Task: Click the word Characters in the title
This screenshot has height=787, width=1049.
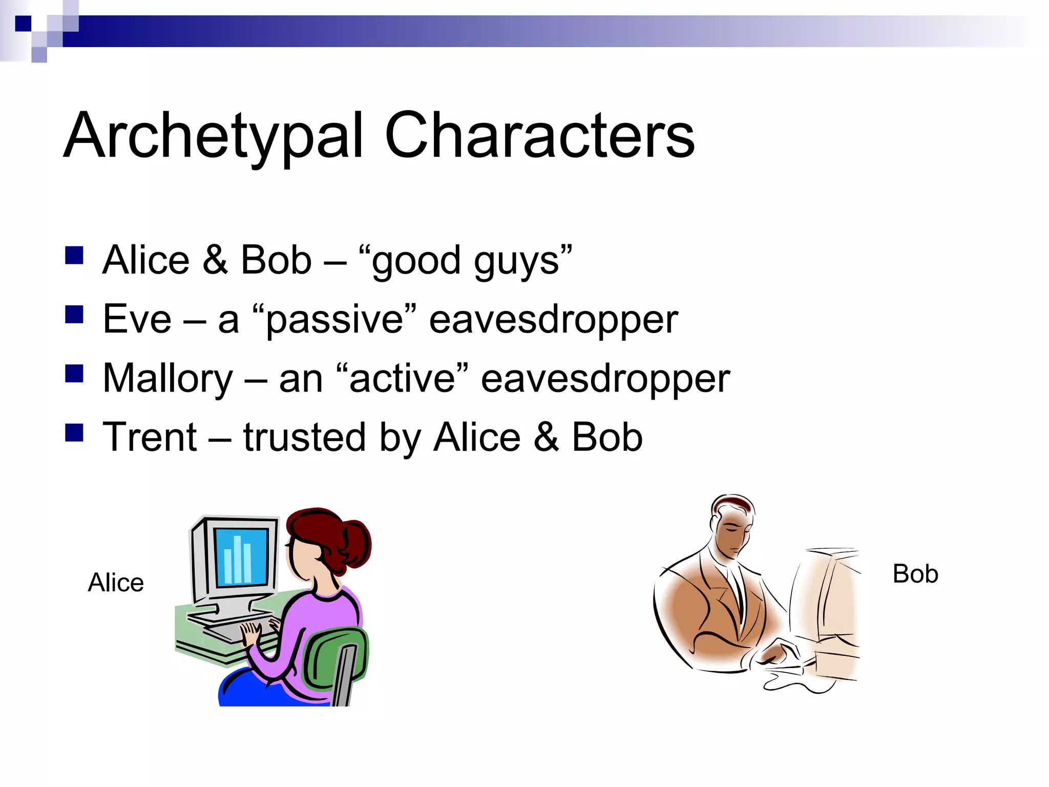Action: pos(539,136)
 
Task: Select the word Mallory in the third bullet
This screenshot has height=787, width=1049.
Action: pos(168,379)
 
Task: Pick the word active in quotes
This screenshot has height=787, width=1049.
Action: pos(403,379)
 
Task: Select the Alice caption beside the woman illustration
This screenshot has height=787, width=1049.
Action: pos(116,583)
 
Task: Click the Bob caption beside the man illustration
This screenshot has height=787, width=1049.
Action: pos(915,574)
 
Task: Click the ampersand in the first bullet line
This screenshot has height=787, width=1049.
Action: pos(215,260)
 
